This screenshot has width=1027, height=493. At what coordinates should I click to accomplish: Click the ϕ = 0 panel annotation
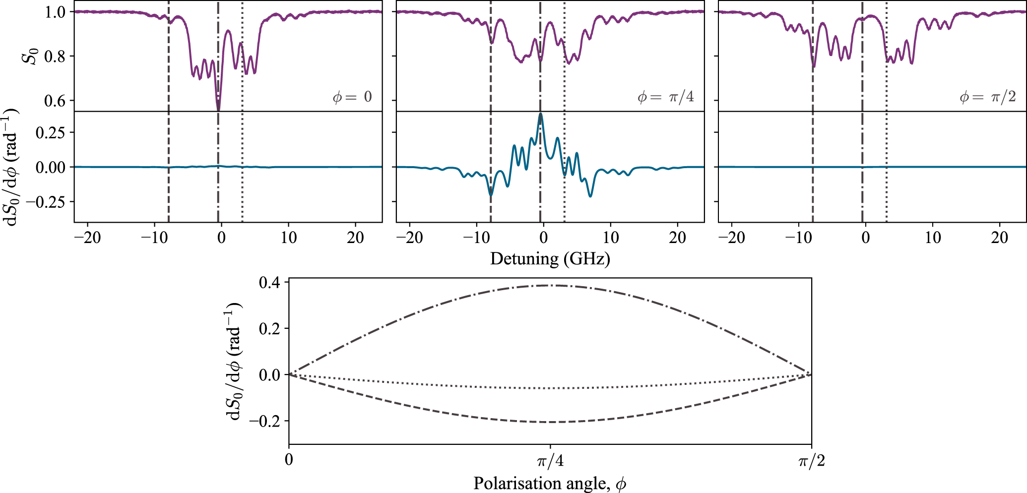[352, 97]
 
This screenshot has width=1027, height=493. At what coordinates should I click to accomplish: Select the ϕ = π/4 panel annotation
[665, 97]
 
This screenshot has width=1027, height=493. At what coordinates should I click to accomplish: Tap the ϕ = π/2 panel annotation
[987, 97]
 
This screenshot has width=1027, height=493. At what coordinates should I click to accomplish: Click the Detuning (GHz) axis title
[550, 258]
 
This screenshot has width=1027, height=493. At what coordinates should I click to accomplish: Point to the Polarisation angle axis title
[550, 483]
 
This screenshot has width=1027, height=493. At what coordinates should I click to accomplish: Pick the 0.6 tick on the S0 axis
[55, 101]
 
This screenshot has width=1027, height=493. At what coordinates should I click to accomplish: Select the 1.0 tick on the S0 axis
[55, 12]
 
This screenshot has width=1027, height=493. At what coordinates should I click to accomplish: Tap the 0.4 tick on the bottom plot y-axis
[269, 283]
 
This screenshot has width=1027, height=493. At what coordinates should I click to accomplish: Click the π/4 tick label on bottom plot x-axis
[550, 461]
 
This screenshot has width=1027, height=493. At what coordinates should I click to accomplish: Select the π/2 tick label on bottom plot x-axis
[811, 461]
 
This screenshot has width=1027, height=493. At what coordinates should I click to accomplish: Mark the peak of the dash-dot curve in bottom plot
[550, 285]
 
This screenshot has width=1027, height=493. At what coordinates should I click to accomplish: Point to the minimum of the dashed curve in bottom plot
[550, 422]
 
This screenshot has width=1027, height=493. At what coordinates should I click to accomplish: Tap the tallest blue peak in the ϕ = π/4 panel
[540, 114]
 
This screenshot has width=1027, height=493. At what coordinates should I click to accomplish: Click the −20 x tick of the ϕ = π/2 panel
[731, 238]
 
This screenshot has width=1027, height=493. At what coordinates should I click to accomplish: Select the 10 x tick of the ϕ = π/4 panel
[611, 238]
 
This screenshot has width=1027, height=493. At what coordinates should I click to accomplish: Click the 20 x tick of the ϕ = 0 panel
[355, 238]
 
